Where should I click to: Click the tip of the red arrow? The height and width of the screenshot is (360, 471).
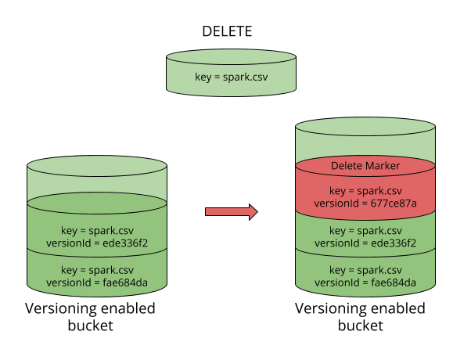click(256, 211)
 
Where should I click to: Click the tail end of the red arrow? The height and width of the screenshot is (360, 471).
click(207, 211)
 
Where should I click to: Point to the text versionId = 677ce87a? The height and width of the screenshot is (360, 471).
click(365, 203)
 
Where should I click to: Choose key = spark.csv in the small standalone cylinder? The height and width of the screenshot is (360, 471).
click(231, 77)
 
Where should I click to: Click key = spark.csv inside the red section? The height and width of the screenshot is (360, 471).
click(365, 191)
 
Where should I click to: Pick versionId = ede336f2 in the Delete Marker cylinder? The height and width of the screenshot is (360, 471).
click(365, 243)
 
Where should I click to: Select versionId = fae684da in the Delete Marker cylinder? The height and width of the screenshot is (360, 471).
click(365, 283)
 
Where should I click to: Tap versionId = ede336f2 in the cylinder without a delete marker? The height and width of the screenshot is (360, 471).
click(97, 243)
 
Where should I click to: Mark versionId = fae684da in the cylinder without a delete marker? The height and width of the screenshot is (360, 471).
click(97, 283)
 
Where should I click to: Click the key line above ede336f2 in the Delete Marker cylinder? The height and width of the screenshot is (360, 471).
click(365, 231)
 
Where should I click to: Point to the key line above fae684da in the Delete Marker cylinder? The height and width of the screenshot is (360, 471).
click(365, 270)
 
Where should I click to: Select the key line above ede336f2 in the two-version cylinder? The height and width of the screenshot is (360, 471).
click(97, 230)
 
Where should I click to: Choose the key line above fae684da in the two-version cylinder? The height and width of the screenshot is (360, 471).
click(97, 270)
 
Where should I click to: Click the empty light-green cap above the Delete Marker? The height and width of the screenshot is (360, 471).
click(365, 141)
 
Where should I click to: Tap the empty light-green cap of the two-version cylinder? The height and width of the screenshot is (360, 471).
click(97, 182)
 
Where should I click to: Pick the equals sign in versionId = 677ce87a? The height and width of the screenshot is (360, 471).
click(364, 203)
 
